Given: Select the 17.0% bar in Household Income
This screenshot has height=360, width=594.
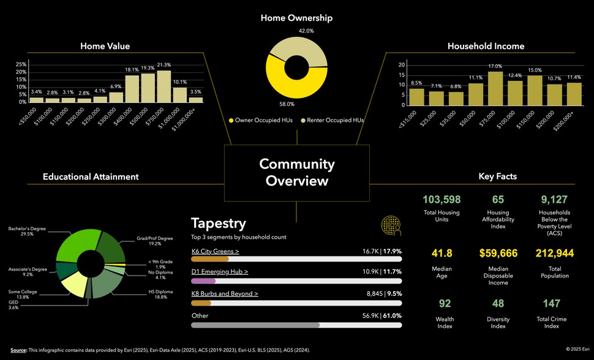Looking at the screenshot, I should coord(495,88).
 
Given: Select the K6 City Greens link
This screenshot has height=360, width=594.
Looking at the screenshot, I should coord(215,251).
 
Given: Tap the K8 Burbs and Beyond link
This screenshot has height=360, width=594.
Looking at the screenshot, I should coord(224,294).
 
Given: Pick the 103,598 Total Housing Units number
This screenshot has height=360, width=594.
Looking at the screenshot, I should coord(441,200).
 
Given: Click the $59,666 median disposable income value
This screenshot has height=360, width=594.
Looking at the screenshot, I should coord(498,253).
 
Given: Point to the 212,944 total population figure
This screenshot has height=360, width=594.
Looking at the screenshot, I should coord(554,253).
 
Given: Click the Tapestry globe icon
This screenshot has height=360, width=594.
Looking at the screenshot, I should coord(390,226).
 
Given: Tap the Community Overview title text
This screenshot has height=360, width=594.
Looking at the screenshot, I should coord(297,173).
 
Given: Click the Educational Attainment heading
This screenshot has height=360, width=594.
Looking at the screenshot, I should coord(91,177).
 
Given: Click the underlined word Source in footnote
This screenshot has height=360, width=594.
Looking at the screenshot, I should coord(18,350).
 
